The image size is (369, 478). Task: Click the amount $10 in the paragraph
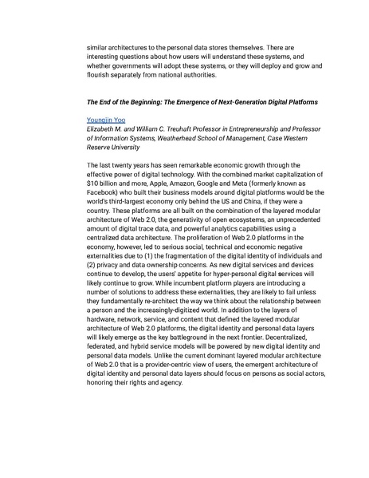coord(94,183)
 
